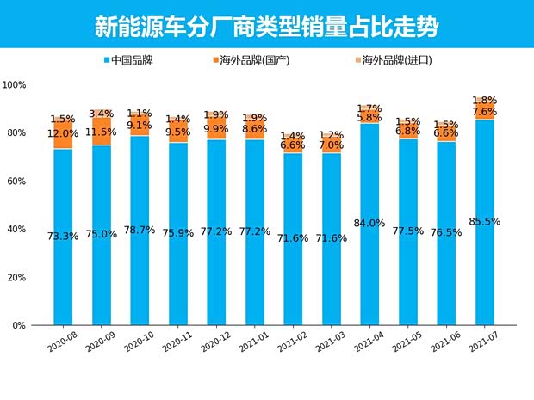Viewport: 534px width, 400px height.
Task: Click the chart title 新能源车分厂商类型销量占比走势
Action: [x=266, y=26]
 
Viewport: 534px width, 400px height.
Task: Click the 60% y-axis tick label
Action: [x=18, y=182]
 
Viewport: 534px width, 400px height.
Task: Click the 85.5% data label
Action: [x=485, y=221]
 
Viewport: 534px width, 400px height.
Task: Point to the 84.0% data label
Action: [x=369, y=224]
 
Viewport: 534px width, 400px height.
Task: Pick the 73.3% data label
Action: [x=63, y=235]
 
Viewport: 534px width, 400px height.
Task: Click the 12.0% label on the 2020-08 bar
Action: [x=63, y=133]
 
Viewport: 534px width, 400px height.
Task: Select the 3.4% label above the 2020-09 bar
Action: [x=102, y=114]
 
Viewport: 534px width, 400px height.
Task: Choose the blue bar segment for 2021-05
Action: [x=408, y=275]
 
